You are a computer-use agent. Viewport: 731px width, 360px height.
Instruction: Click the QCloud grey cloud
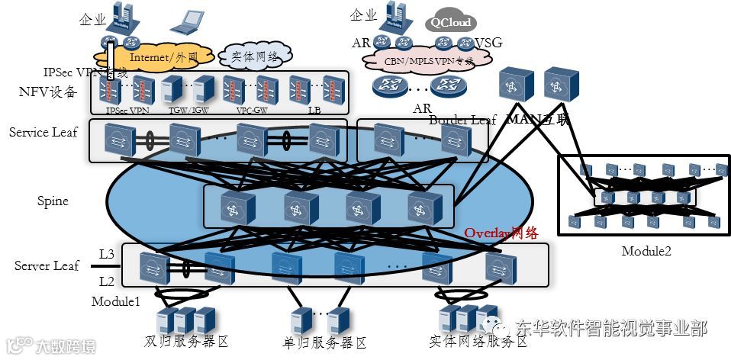tap(450, 22)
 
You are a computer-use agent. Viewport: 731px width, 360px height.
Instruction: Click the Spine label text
tap(53, 201)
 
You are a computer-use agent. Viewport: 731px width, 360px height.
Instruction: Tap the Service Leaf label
tap(43, 133)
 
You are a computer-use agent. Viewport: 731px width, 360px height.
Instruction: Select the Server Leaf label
tap(47, 266)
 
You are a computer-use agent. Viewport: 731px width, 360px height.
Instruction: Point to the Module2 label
tap(646, 251)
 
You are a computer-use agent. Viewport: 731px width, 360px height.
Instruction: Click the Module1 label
tap(116, 301)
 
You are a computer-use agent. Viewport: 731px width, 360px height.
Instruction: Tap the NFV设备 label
tap(48, 92)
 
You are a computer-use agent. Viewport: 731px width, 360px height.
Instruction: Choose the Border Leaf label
tap(462, 120)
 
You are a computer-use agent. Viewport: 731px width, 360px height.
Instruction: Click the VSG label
tap(488, 43)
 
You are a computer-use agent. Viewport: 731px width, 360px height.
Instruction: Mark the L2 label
tap(106, 281)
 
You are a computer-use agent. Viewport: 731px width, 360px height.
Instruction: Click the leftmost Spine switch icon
tap(233, 206)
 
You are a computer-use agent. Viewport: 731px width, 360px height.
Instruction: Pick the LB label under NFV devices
tap(314, 111)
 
